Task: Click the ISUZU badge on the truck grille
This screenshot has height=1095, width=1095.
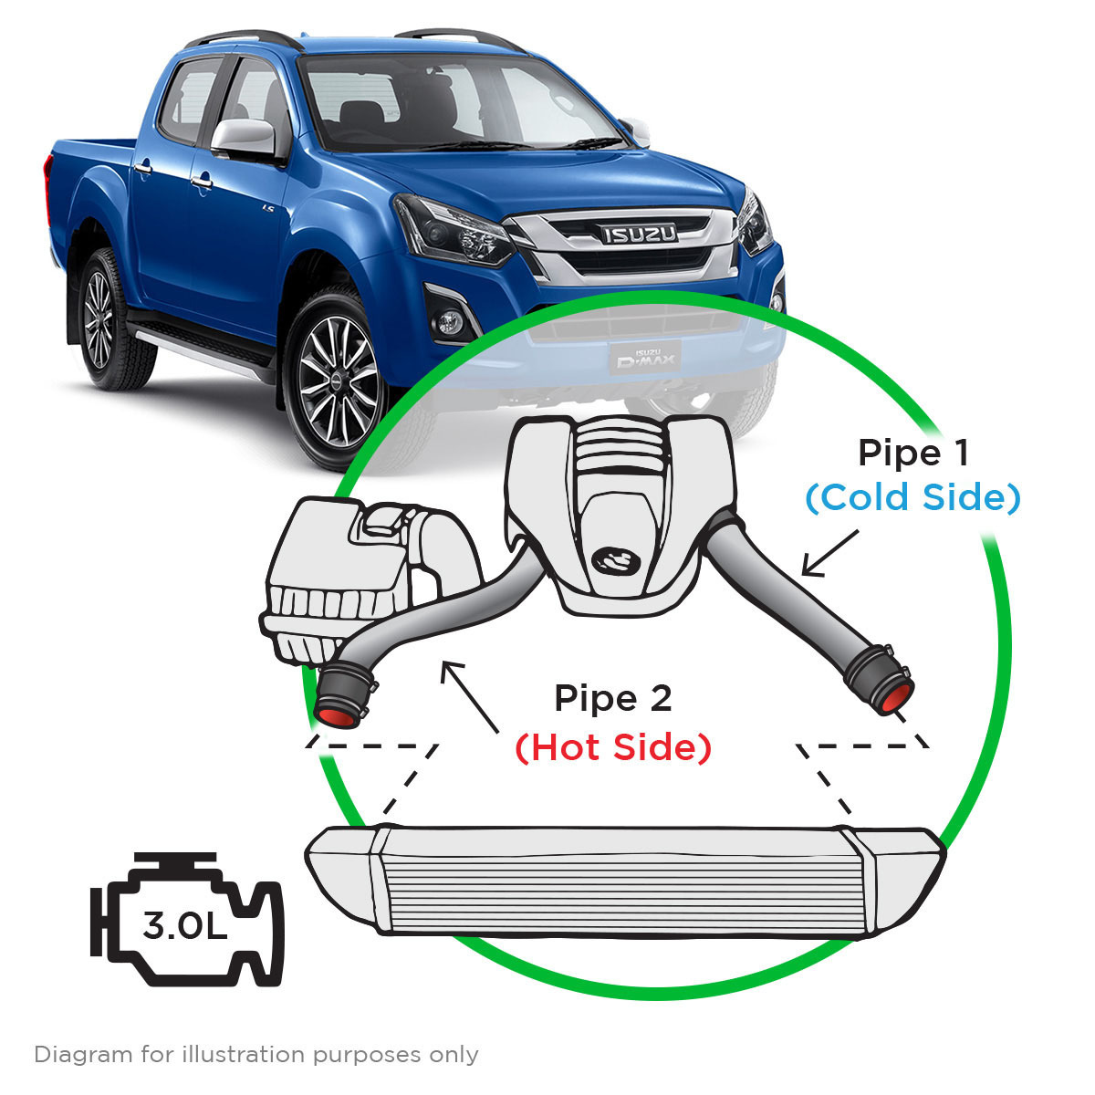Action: click(639, 235)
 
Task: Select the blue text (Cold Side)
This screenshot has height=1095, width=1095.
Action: click(912, 497)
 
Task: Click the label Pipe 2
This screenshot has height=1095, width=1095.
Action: click(613, 699)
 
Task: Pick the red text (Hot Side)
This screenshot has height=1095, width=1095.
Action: click(613, 747)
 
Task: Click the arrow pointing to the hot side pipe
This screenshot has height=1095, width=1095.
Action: click(471, 699)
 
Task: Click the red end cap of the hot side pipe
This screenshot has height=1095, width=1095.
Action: click(335, 714)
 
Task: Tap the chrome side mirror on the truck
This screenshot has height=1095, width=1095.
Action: click(244, 138)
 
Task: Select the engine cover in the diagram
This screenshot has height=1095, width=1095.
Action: click(620, 511)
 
